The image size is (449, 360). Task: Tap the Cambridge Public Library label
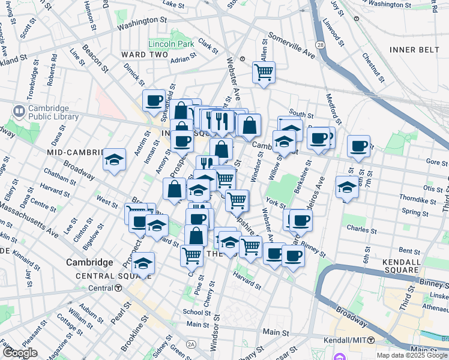pyautogui.click(x=53, y=113)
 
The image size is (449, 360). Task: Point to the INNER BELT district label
pyautogui.click(x=414, y=49)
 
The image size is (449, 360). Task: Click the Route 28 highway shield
pyautogui.click(x=322, y=46)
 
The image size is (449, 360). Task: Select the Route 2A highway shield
pyautogui.click(x=191, y=344)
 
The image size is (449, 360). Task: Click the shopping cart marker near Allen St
pyautogui.click(x=264, y=73)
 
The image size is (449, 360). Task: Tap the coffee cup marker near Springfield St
pyautogui.click(x=154, y=100)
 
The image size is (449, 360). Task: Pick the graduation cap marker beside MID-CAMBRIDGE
pyautogui.click(x=114, y=160)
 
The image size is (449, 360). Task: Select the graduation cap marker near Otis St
pyautogui.click(x=347, y=187)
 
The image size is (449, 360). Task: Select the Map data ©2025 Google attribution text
pyautogui.click(x=411, y=355)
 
